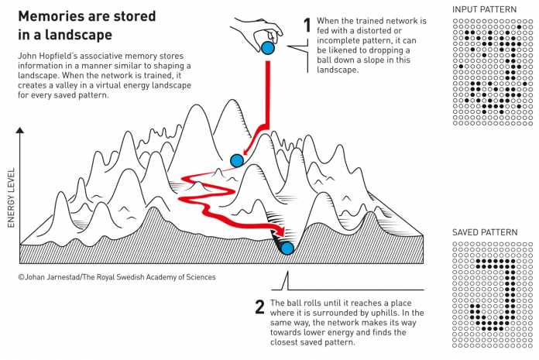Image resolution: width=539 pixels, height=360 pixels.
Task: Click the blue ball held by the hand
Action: tap(268, 49)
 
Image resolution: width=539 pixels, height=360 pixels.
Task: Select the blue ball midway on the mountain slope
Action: tap(237, 160)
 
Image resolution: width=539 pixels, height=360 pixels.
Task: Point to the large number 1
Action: tap(307, 26)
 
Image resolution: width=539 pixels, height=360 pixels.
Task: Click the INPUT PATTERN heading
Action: tap(483, 9)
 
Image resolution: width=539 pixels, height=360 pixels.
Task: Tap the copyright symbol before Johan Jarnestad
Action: tap(20, 276)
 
